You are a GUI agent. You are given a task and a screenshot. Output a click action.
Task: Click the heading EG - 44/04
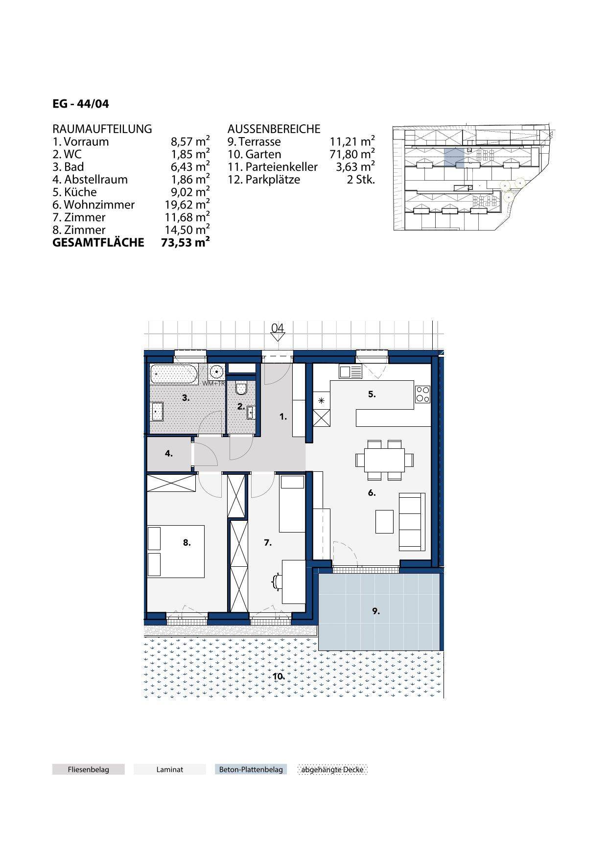81,104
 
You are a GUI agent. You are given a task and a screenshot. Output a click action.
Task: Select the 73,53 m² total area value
186,242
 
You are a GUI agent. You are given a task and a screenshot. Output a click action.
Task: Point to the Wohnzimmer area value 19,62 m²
187,205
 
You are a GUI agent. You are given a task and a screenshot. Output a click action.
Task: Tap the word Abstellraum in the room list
96,180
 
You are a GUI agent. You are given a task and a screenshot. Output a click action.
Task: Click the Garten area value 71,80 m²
352,154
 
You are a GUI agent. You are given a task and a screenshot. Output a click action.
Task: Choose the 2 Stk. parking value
361,180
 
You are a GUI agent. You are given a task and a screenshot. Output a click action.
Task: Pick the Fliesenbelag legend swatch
89,769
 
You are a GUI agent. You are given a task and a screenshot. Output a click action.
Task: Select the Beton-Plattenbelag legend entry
251,769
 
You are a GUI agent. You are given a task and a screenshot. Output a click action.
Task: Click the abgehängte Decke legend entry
332,769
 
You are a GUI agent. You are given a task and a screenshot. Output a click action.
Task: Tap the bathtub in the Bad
174,374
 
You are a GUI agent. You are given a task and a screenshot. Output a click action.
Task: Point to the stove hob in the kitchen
422,394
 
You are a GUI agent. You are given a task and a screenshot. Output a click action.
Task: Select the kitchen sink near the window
350,372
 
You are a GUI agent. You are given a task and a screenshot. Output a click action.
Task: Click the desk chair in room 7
277,581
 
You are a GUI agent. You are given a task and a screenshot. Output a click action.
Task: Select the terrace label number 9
376,611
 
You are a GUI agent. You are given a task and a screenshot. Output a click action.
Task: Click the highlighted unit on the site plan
454,158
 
